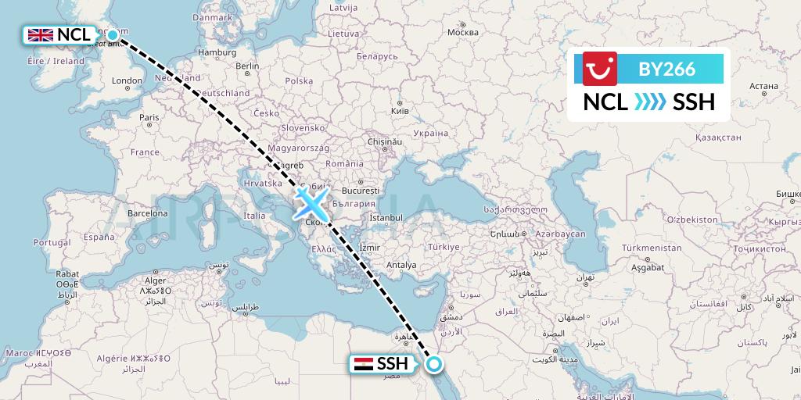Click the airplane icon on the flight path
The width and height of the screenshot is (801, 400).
click(x=311, y=204)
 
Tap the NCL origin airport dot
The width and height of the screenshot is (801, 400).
click(x=113, y=34)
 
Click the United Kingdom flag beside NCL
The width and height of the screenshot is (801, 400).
click(x=40, y=34)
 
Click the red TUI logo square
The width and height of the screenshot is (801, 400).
click(x=600, y=68)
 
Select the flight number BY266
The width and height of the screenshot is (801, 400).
click(x=666, y=69)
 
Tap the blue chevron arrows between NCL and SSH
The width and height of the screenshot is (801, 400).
click(x=649, y=102)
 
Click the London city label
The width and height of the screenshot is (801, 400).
click(x=127, y=80)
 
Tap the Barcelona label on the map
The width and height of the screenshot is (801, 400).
click(x=149, y=212)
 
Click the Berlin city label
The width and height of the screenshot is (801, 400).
click(x=247, y=66)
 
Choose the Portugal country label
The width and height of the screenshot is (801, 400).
click(x=52, y=243)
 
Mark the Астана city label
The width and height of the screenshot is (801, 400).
click(x=763, y=86)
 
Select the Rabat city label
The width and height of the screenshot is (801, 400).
click(x=67, y=275)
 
